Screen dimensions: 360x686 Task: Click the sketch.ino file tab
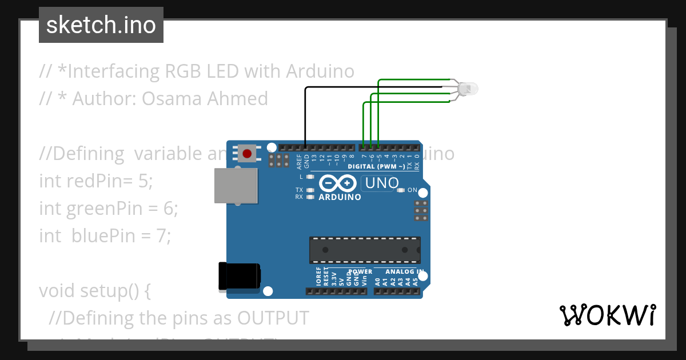tap(101, 25)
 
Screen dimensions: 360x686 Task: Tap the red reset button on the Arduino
tap(247, 154)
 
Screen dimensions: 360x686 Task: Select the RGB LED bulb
tap(468, 89)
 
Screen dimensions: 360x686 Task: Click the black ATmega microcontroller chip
tap(365, 250)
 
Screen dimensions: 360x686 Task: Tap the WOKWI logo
tap(607, 315)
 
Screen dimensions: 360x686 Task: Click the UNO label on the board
tap(381, 183)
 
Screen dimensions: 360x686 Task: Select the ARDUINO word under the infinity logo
tap(340, 197)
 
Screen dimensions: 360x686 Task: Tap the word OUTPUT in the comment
tap(273, 318)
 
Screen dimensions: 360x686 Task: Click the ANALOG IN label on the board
tap(404, 272)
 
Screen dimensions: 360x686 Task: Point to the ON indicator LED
tap(401, 190)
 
